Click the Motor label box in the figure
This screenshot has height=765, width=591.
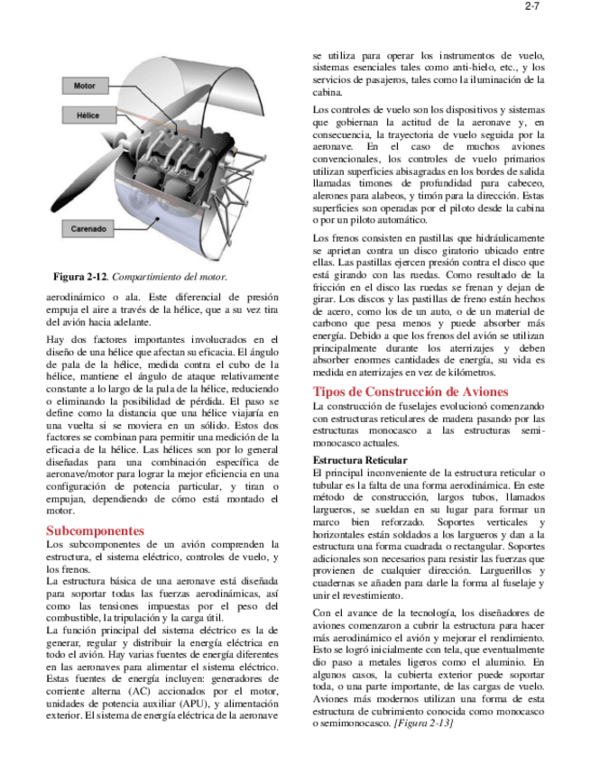coord(84,86)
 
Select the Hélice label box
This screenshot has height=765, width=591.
coord(87,115)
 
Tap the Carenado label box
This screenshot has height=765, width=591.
coord(88,229)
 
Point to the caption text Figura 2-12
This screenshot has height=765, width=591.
coord(80,277)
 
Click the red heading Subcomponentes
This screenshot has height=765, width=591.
coord(95,531)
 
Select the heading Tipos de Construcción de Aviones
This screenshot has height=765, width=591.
coord(410,392)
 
